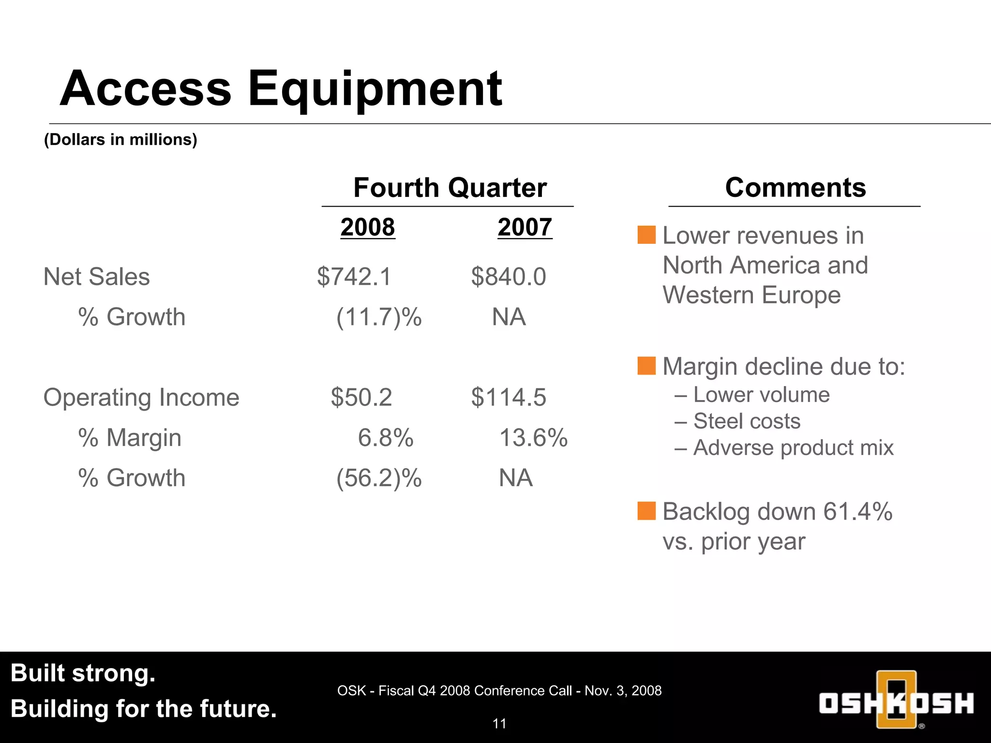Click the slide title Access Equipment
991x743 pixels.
[x=281, y=89]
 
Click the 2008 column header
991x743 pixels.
[x=368, y=227]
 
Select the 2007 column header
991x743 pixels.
[x=525, y=227]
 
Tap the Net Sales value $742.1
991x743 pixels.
[x=354, y=277]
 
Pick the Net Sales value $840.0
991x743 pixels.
[x=508, y=277]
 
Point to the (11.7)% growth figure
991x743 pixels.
[x=379, y=317]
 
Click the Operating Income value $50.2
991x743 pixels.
[x=361, y=397]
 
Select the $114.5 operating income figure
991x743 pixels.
[x=508, y=397]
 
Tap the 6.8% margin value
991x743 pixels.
[x=386, y=438]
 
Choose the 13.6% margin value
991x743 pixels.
[x=533, y=438]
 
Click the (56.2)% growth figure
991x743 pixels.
[x=379, y=478]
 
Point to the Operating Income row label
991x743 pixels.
[x=141, y=398]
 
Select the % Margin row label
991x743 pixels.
[x=130, y=438]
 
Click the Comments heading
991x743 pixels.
[x=795, y=188]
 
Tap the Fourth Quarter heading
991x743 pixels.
[x=450, y=188]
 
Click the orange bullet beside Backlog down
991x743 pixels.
[x=646, y=511]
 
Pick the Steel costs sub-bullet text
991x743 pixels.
[x=747, y=421]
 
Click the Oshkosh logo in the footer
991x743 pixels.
[x=896, y=700]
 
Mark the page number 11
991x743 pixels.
[x=499, y=724]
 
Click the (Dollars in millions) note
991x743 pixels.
[x=120, y=140]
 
